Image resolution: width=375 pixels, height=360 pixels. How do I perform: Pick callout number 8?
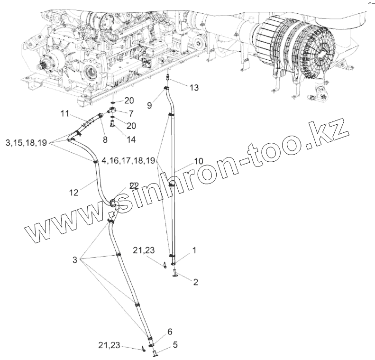[105, 139]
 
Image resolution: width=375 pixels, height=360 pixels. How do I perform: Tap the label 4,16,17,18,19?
[128, 161]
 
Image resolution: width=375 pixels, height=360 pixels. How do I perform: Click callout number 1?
[194, 248]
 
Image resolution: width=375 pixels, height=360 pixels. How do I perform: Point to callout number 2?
[195, 281]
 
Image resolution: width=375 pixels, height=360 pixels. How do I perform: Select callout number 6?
[170, 331]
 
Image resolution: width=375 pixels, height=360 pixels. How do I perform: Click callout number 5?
[175, 345]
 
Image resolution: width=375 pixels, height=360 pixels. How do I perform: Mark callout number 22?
[134, 185]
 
